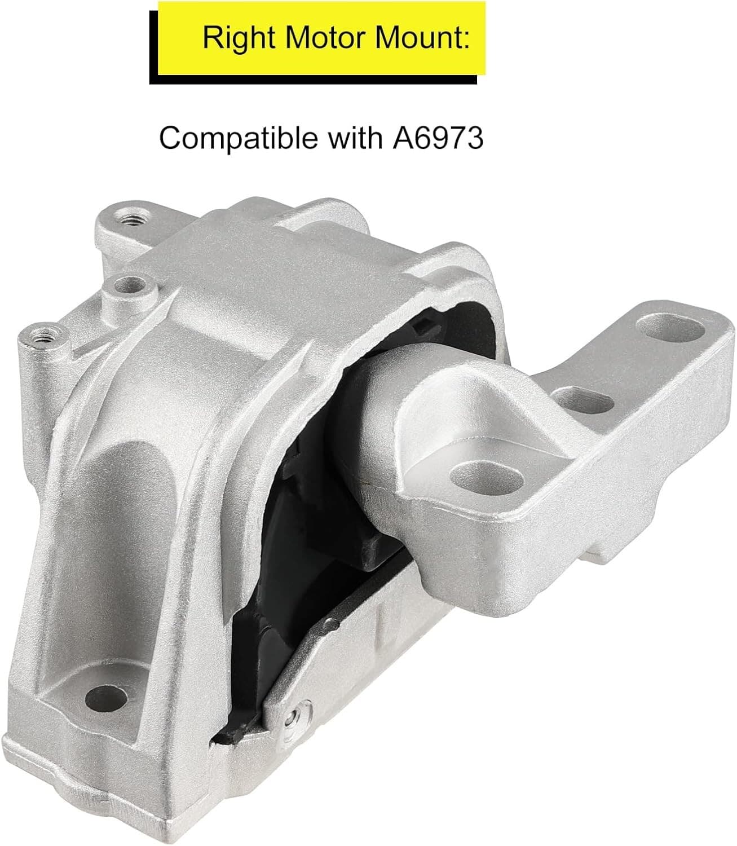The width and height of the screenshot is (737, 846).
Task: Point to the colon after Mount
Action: (466, 41)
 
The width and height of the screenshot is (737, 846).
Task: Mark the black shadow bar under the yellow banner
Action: (313, 80)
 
